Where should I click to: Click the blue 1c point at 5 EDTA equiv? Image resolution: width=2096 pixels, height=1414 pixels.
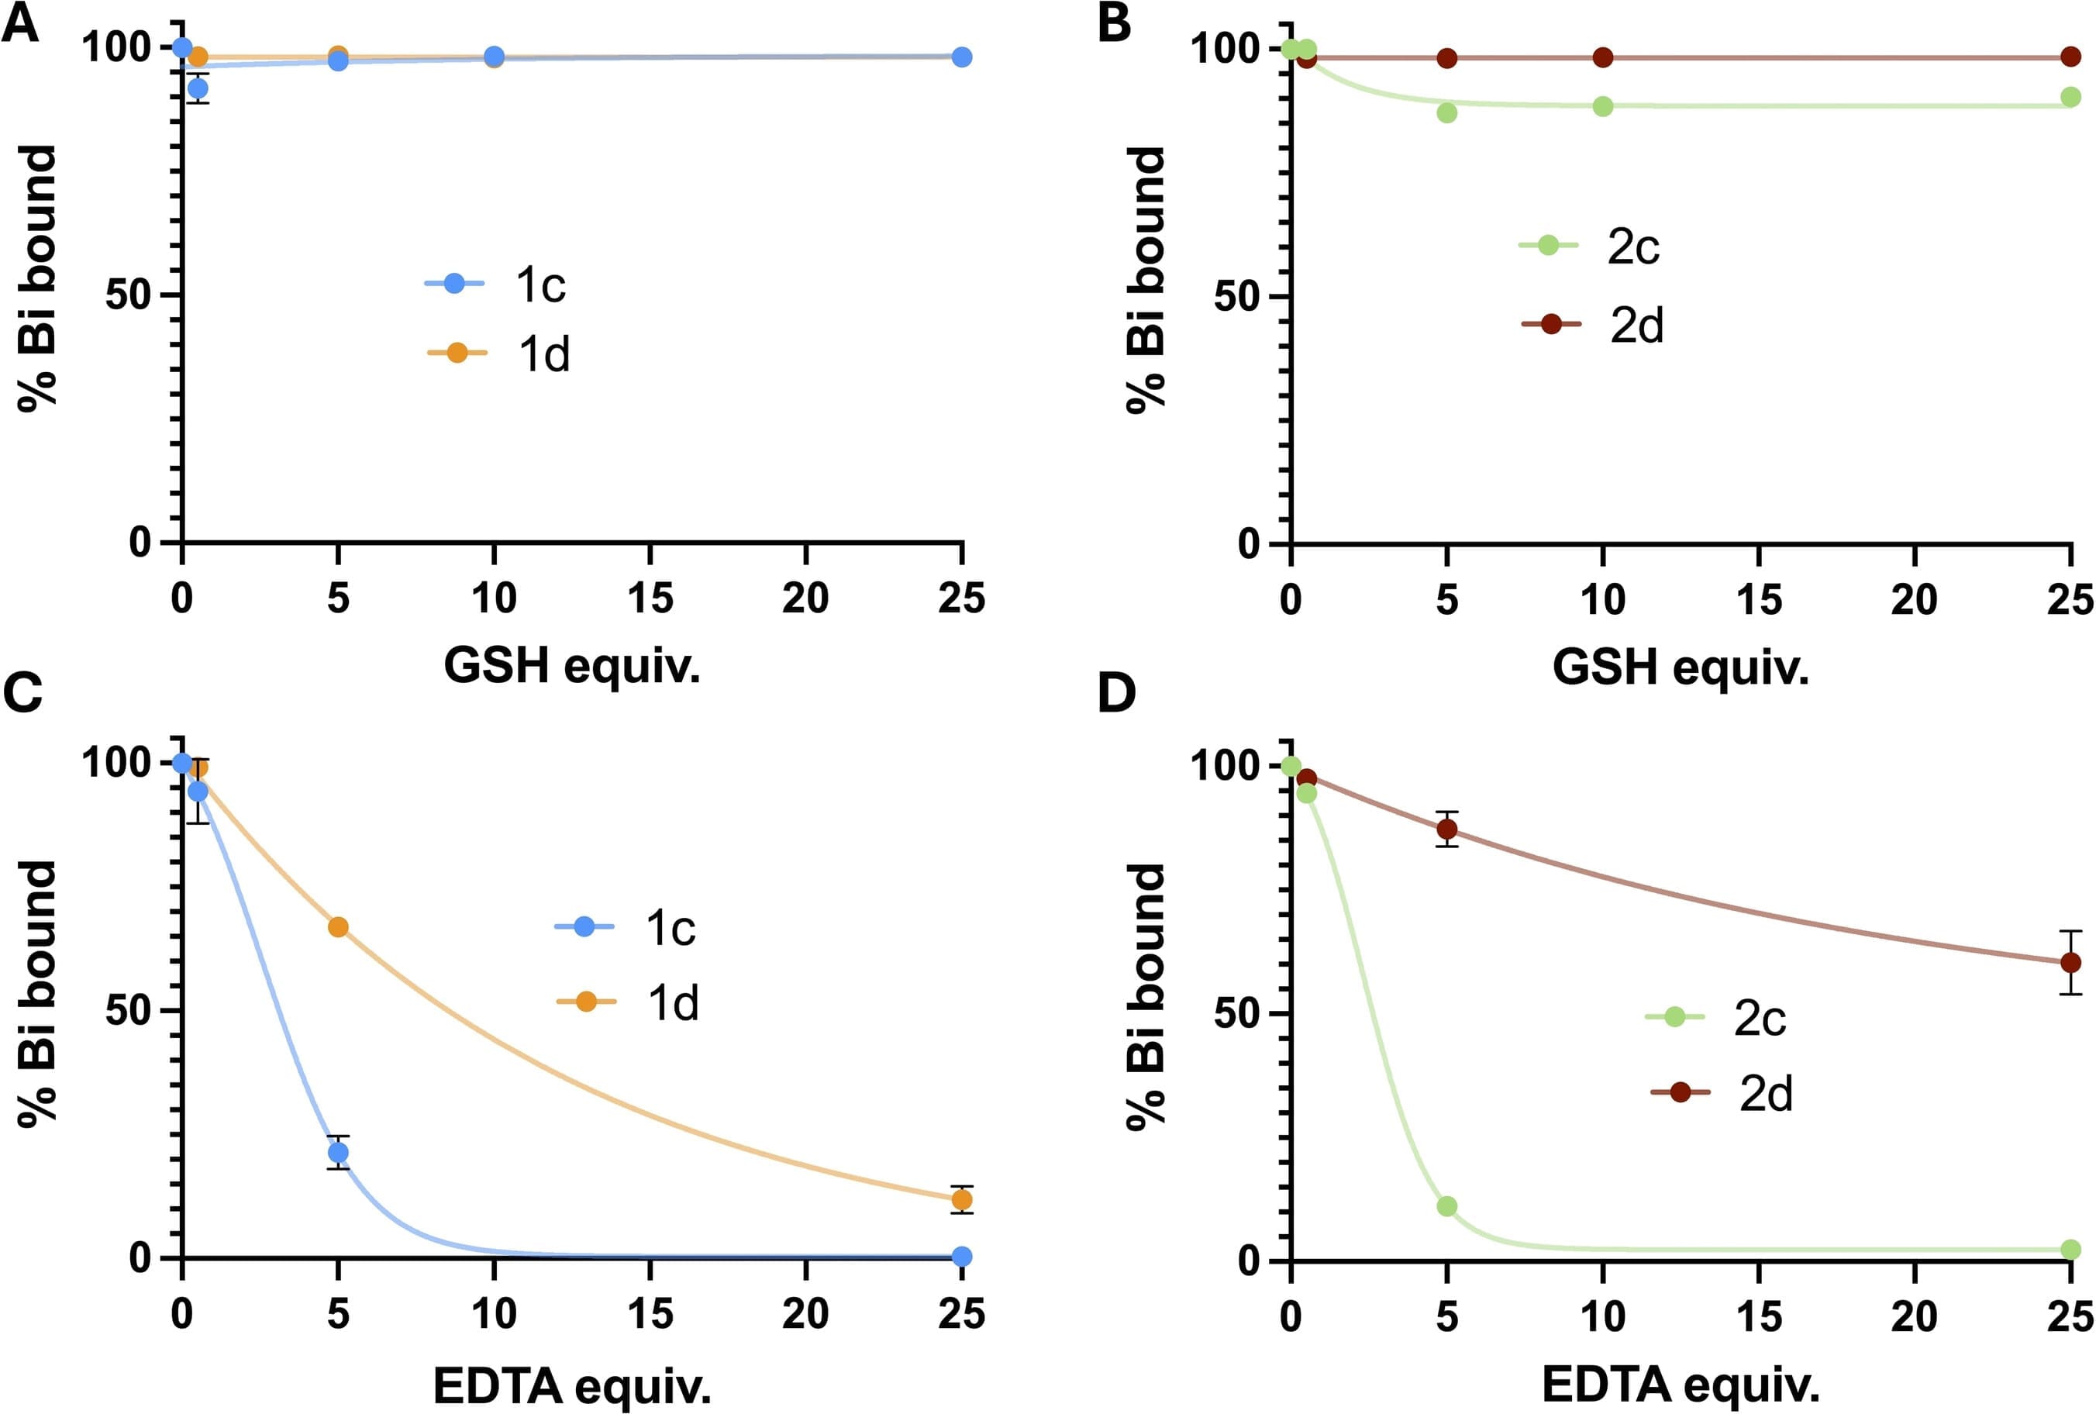point(338,1153)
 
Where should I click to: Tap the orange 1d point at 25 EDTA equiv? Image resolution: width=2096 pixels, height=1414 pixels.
point(962,1199)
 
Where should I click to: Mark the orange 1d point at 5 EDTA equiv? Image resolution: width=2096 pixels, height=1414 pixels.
point(338,927)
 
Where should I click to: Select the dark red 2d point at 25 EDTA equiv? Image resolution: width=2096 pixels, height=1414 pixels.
point(2070,962)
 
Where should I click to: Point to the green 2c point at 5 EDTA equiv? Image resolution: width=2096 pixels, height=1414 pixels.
point(1447,1206)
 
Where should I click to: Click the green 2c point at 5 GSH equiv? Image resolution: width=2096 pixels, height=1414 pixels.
point(1447,112)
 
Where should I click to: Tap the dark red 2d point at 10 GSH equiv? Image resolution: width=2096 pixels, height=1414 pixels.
point(1603,57)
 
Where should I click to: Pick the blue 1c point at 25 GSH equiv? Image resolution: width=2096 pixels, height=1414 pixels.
point(962,57)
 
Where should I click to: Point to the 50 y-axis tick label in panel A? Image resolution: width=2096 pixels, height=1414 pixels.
point(127,295)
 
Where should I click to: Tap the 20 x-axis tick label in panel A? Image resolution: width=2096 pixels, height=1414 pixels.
point(805,598)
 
